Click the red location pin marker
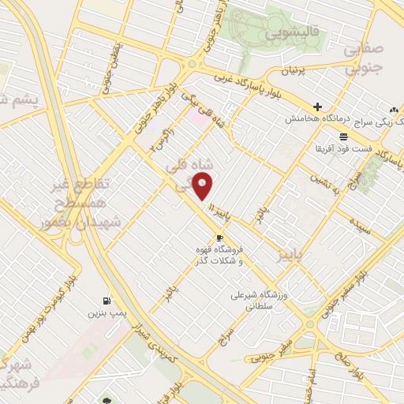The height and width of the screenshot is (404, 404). (x=203, y=186)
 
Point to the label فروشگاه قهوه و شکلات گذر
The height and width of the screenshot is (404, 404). (x=219, y=255)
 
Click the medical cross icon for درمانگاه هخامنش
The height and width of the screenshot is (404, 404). (x=316, y=107)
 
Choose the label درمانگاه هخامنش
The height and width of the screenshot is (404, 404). (x=316, y=118)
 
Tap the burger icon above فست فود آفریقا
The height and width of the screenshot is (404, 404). (x=343, y=137)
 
